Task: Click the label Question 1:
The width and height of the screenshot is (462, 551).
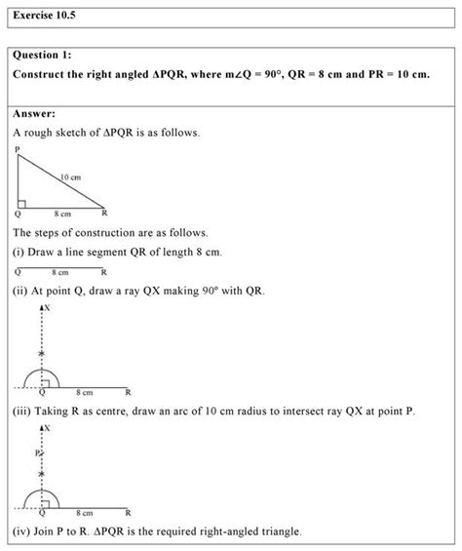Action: [x=43, y=57]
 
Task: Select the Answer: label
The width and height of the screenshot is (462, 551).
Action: [x=35, y=113]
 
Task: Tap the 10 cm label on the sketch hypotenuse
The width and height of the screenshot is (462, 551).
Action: [x=69, y=177]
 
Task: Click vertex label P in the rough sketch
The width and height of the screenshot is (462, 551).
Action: [x=18, y=150]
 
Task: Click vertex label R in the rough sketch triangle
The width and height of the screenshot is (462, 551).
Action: [x=104, y=213]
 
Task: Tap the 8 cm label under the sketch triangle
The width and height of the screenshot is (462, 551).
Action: [x=62, y=213]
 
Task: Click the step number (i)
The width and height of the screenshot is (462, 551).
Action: [x=19, y=253]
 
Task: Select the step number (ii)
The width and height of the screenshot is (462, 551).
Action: [x=21, y=291]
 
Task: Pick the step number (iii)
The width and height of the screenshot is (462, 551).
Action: [x=23, y=412]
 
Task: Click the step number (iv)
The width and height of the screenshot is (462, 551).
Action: [x=22, y=531]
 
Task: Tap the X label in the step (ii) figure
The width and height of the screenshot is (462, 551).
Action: [x=47, y=307]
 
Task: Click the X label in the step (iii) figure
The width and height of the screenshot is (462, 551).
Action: [x=47, y=427]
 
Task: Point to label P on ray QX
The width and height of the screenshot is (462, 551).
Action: [x=36, y=454]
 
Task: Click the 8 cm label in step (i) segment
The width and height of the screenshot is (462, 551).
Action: [x=60, y=272]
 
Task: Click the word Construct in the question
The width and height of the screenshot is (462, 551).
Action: [x=44, y=75]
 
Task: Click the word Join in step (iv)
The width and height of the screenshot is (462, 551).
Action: [x=50, y=531]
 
